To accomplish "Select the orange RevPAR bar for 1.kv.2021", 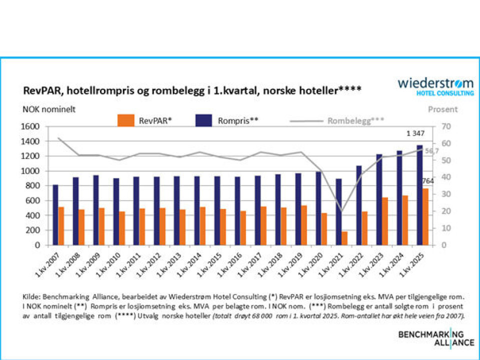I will tap(345, 238).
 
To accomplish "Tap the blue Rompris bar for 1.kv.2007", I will tap(55, 215).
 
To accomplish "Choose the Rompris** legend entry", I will tap(224, 120).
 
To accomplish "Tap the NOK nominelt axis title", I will tap(49, 109).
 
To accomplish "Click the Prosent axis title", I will tap(443, 109).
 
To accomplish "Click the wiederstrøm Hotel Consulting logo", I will tap(435, 86).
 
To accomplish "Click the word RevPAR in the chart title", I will tap(38, 91).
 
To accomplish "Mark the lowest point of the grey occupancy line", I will tap(342, 211).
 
